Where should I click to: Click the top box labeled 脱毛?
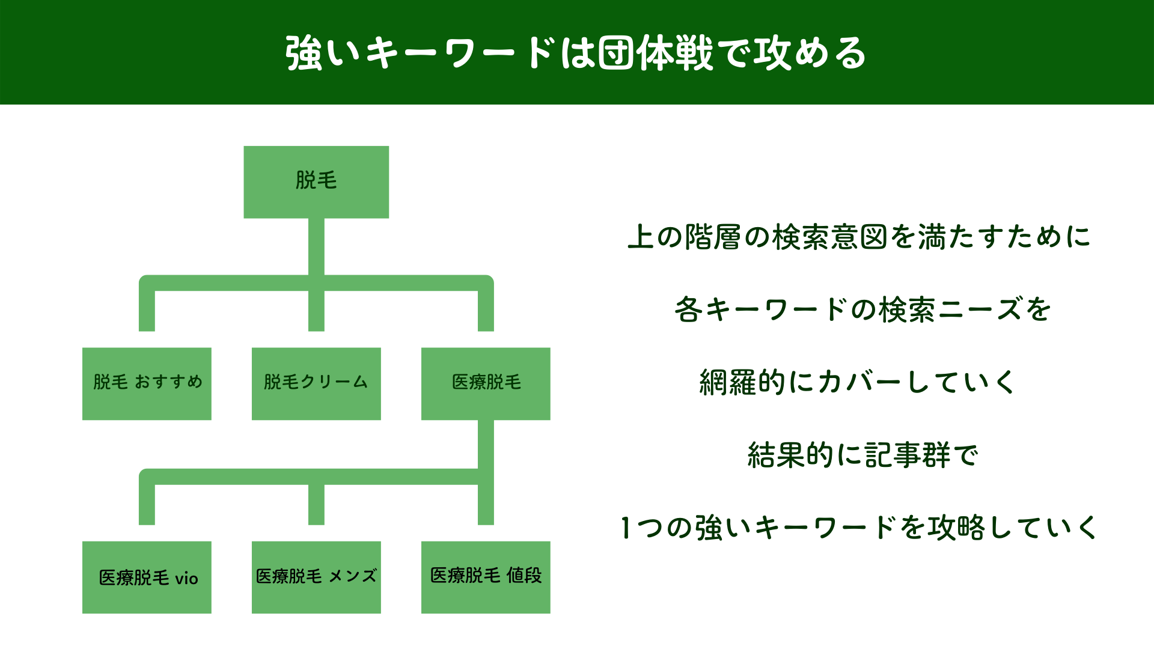[316, 181]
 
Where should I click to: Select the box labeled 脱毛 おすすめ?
[147, 383]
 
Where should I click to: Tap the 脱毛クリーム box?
[316, 383]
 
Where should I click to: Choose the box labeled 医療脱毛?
[486, 383]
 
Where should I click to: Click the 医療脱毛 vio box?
[147, 577]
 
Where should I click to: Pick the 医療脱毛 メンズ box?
[316, 577]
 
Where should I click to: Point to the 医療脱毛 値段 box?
[486, 577]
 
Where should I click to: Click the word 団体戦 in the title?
[655, 53]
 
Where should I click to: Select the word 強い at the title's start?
[322, 53]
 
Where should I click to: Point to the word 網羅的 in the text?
[743, 382]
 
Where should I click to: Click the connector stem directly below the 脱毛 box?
[316, 246]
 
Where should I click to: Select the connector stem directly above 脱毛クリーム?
[316, 311]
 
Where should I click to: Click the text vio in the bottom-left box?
[186, 579]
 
